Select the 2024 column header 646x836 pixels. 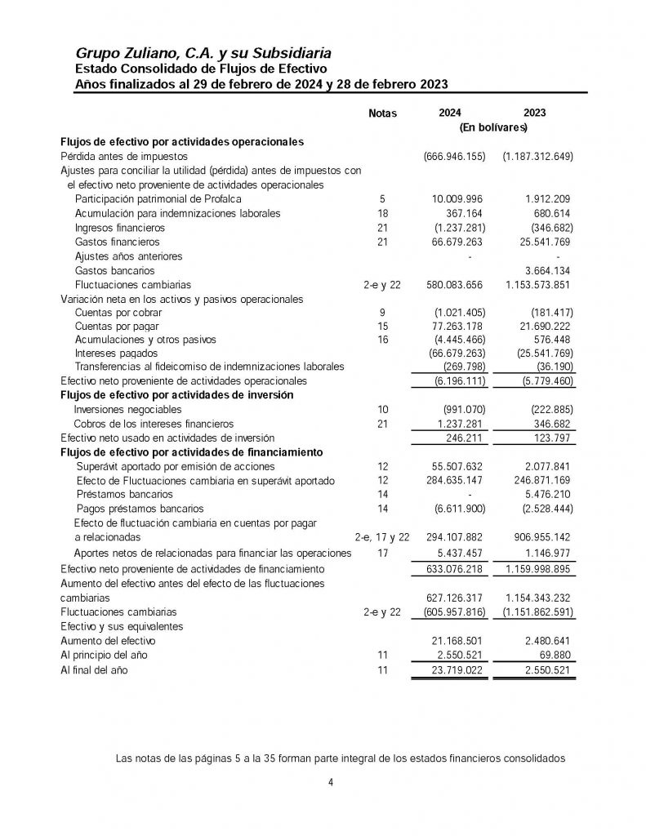coord(449,113)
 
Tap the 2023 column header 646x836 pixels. coord(535,113)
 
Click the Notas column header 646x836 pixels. coord(382,113)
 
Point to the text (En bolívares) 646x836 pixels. coord(493,127)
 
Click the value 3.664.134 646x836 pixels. coord(546,270)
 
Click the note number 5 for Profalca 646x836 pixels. coord(382,199)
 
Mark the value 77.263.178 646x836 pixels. coord(457,327)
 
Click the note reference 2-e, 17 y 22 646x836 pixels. coord(382,538)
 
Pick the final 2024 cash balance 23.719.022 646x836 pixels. coord(457,671)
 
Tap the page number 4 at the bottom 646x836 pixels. coord(330,783)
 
